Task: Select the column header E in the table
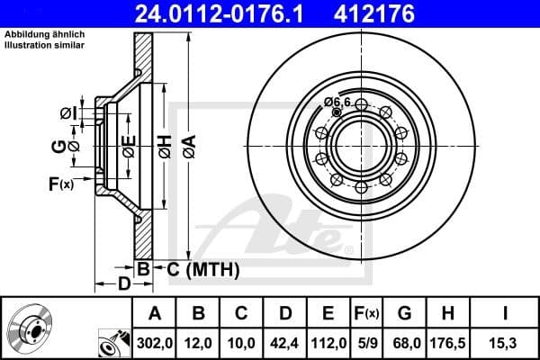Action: tap(328, 313)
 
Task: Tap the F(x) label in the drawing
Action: tap(60, 184)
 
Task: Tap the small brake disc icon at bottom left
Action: tap(31, 328)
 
